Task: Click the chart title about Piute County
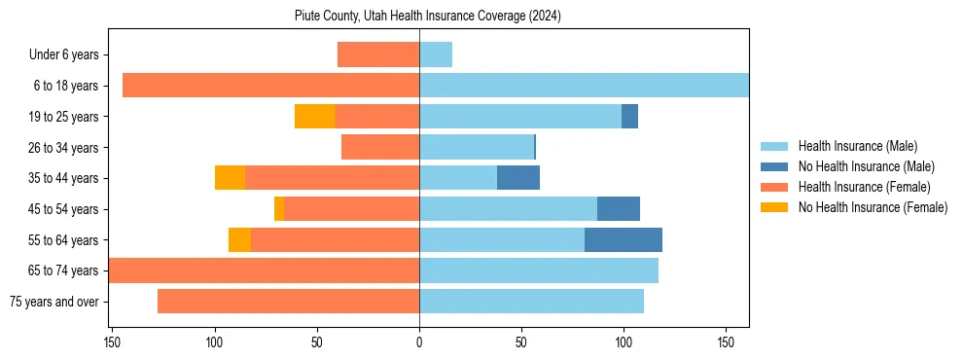click(428, 17)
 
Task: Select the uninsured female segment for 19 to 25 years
click(315, 117)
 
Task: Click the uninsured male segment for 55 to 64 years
click(624, 239)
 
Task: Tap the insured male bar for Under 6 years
click(436, 54)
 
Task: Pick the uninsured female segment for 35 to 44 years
click(230, 178)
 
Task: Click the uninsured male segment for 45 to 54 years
click(619, 209)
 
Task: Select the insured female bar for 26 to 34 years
click(380, 147)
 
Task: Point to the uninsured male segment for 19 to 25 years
click(630, 117)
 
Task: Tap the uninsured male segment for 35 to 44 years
click(518, 178)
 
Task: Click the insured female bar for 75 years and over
click(288, 302)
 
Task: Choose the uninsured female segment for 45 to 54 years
click(279, 209)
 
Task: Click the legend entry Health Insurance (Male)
click(857, 146)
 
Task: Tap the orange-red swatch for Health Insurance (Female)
click(775, 187)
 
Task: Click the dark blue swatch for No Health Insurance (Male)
click(775, 166)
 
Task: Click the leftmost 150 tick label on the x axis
click(113, 342)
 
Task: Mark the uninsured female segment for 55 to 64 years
click(239, 239)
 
